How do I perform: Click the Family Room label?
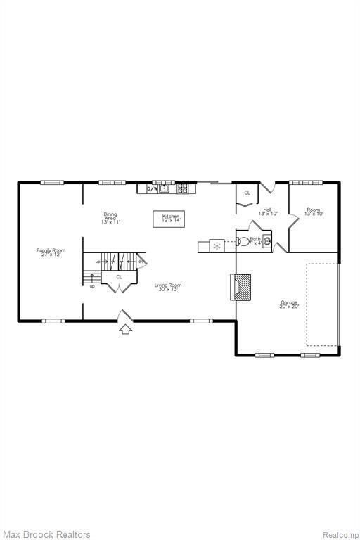[x=51, y=252]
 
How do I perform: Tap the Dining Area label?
[x=110, y=218]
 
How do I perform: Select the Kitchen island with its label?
[x=171, y=219]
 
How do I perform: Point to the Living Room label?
[x=169, y=286]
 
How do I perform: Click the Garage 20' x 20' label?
[x=289, y=304]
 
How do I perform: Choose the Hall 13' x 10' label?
[x=268, y=211]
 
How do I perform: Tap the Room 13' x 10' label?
[x=314, y=211]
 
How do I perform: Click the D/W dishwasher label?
[x=152, y=188]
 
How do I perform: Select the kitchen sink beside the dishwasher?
[x=165, y=188]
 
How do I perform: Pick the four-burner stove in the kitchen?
[x=183, y=188]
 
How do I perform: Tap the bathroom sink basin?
[x=266, y=239]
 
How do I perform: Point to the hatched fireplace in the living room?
[x=241, y=286]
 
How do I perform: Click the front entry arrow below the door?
[x=126, y=329]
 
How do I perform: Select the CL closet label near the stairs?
[x=119, y=277]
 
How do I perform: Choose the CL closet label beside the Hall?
[x=247, y=193]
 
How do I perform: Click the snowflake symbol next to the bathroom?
[x=217, y=245]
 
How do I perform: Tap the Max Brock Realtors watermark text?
[x=46, y=534]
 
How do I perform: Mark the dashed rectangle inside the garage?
[x=322, y=304]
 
